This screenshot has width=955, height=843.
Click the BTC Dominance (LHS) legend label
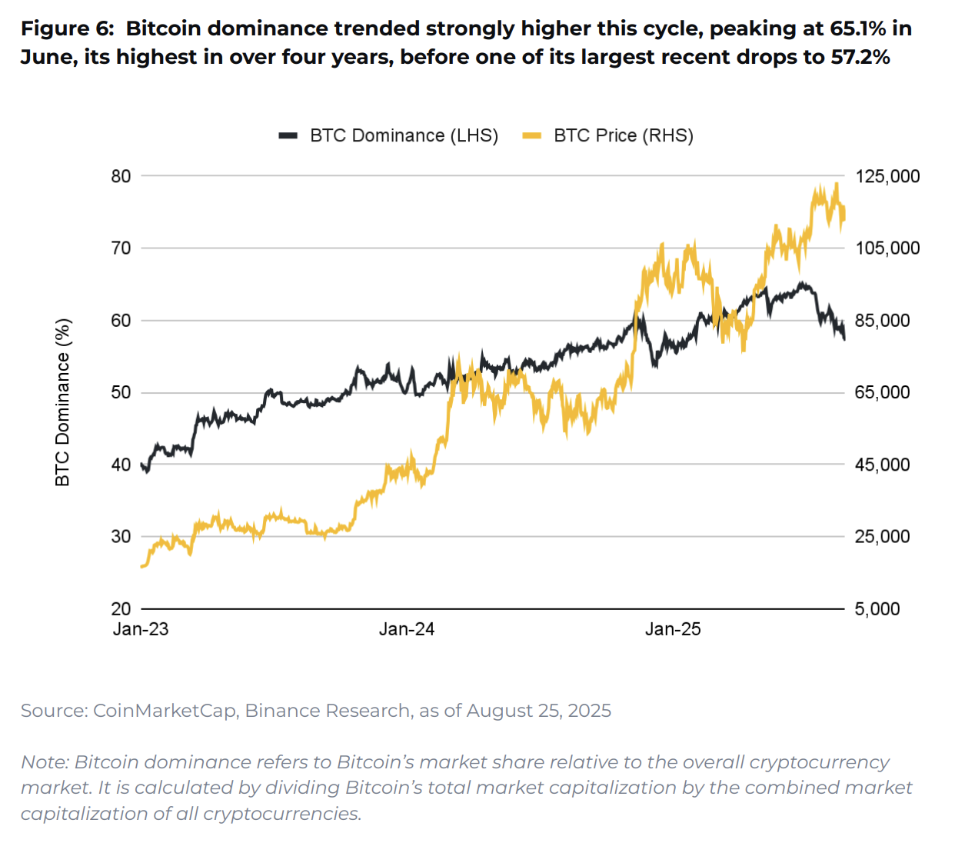[x=404, y=135]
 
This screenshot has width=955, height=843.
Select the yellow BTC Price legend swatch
[x=531, y=135]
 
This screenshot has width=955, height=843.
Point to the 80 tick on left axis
[x=121, y=176]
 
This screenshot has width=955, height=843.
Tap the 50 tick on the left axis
[x=121, y=392]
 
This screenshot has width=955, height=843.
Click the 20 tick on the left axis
[x=121, y=608]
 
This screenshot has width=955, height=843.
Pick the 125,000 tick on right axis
[x=887, y=176]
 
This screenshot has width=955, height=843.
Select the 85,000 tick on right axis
[x=882, y=320]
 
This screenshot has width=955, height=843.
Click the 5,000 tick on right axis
[x=877, y=608]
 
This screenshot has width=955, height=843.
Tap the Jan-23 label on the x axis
[x=141, y=629]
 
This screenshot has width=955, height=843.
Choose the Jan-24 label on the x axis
[x=406, y=629]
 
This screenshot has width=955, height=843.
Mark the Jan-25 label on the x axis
[x=673, y=629]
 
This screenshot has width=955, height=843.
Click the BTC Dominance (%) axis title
[x=63, y=402]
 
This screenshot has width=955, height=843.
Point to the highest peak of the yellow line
[x=836, y=185]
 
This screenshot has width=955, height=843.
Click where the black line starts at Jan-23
[x=143, y=465]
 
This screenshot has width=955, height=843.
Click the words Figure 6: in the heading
[x=67, y=28]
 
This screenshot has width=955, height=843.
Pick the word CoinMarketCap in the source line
[x=164, y=710]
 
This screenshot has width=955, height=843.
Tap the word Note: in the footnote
[x=45, y=761]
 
